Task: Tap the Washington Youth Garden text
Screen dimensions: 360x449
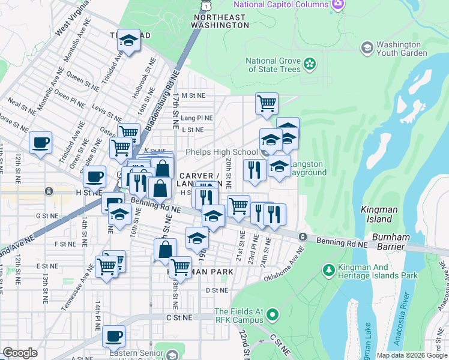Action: [402, 49]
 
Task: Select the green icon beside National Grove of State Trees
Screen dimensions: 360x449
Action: [310, 63]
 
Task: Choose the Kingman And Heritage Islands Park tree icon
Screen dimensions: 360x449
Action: [328, 271]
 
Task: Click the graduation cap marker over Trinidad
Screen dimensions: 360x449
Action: [128, 41]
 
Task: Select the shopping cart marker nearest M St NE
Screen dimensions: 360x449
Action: [266, 103]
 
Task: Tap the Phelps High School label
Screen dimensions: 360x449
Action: [221, 152]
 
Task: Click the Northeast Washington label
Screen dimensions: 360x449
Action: [220, 21]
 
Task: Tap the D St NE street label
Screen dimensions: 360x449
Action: [217, 290]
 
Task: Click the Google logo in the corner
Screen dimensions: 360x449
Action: [20, 353]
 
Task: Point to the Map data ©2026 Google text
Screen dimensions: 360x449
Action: [411, 355]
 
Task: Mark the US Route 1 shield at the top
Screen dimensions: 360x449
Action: [206, 5]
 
